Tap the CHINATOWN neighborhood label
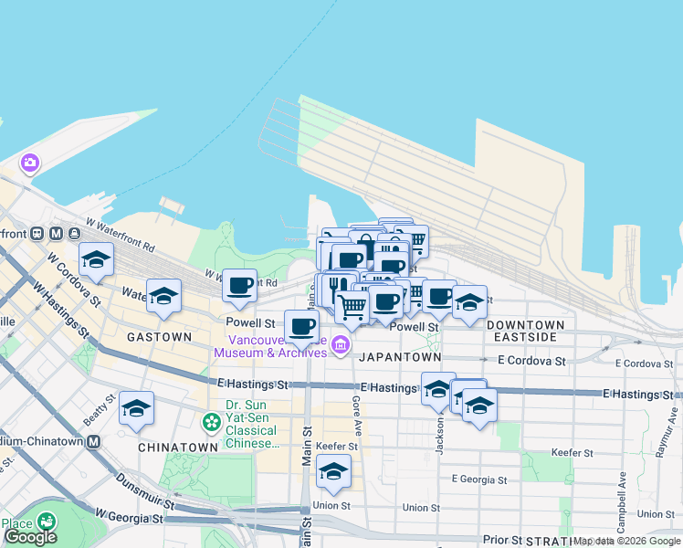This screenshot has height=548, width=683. pyautogui.click(x=177, y=448)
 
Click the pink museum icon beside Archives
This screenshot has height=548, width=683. pyautogui.click(x=341, y=344)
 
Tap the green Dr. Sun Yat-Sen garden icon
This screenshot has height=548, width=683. pyautogui.click(x=212, y=422)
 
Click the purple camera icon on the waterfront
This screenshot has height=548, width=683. pyautogui.click(x=30, y=163)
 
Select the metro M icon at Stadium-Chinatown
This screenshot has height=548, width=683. pyautogui.click(x=92, y=440)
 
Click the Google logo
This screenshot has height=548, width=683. pyautogui.click(x=30, y=538)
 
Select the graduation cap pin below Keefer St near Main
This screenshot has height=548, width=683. pyautogui.click(x=333, y=471)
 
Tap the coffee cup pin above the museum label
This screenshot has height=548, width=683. pyautogui.click(x=301, y=326)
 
